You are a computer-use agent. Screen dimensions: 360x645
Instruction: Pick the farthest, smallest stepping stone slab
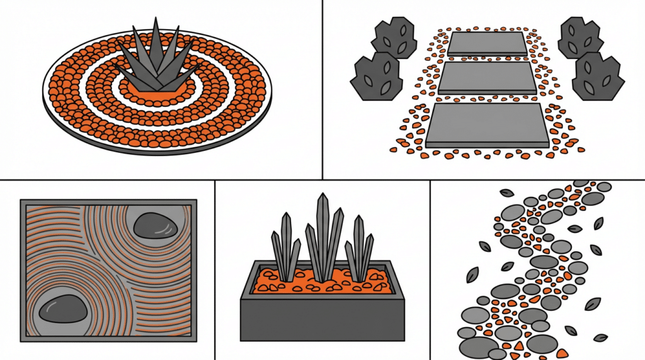pos(488,43)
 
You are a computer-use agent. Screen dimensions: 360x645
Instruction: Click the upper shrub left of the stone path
pos(394,37)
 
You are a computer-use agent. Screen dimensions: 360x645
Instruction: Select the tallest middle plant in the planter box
pos(324,236)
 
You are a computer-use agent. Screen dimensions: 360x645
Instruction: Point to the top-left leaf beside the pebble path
pos(506,193)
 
